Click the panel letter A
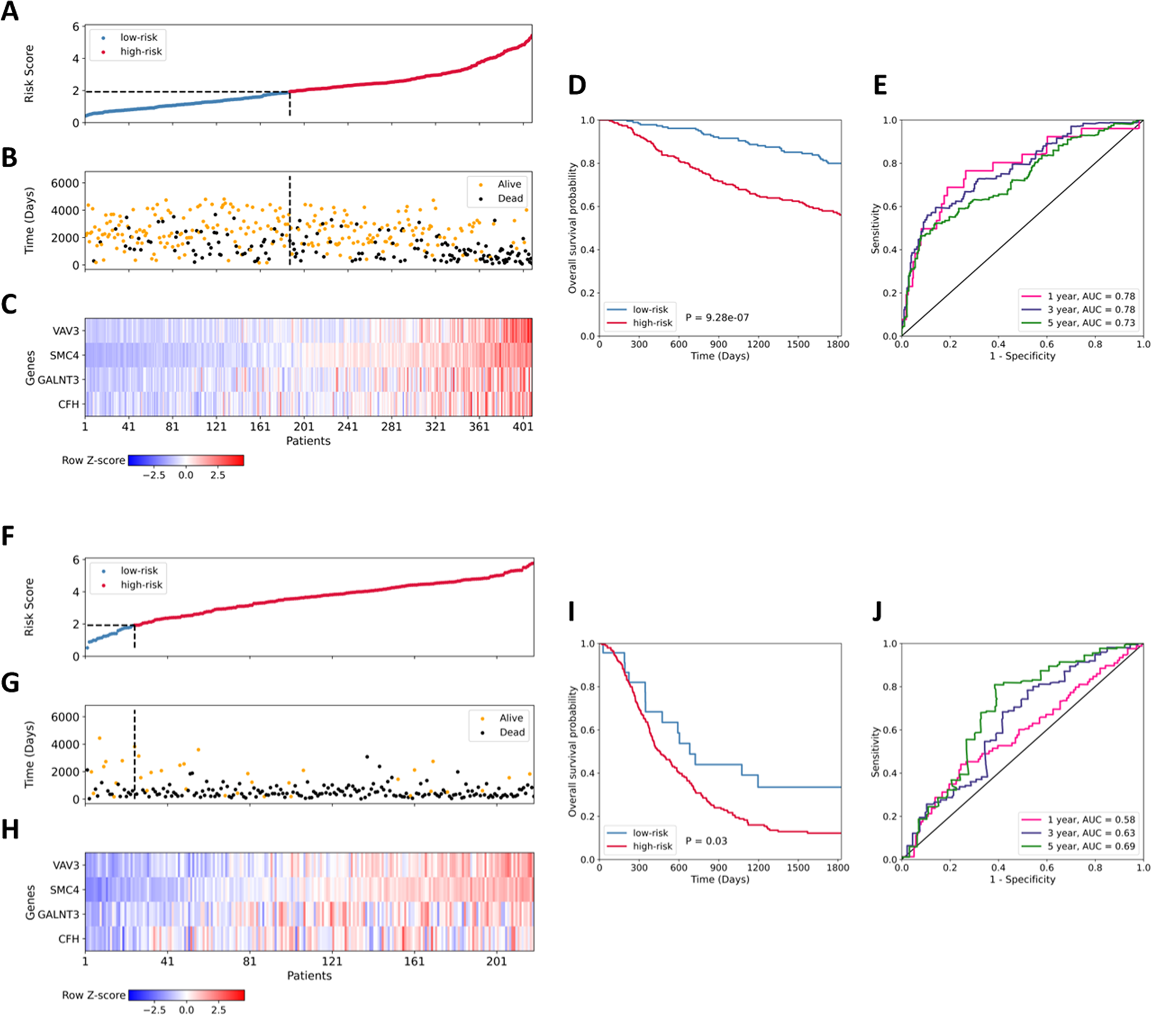point(9,12)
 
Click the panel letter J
point(876,611)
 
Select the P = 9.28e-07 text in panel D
point(717,318)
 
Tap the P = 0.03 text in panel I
point(706,841)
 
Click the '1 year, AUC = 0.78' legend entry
point(1091,297)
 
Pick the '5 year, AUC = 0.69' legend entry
point(1091,846)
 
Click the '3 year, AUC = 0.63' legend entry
point(1091,833)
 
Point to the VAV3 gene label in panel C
point(66,331)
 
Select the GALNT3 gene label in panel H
point(58,914)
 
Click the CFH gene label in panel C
point(68,404)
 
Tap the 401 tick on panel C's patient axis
point(523,427)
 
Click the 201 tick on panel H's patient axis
point(496,961)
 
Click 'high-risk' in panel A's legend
point(141,51)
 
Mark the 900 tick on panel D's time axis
point(718,345)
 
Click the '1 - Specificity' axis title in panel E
point(1022,356)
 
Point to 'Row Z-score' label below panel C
point(93,460)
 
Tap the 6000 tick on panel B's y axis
point(64,183)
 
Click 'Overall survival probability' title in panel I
point(573,752)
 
